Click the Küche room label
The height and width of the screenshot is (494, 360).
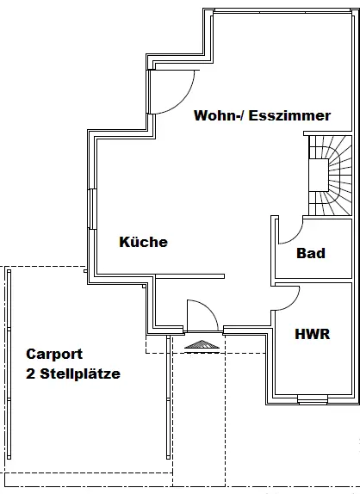pos(144,242)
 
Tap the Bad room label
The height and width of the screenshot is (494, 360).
pos(311,253)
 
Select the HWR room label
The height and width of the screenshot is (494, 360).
pos(313,334)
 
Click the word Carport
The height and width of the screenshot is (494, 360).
pos(54,354)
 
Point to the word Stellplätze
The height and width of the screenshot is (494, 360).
pos(80,374)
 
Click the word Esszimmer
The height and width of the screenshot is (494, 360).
pos(289,115)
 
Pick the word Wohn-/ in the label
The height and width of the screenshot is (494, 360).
pos(219,115)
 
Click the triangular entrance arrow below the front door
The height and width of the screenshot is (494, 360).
pos(202,344)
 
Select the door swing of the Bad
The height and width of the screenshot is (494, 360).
pos(295,237)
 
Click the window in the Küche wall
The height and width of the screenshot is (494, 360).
pos(92,209)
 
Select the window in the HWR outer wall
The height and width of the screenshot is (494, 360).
pos(313,399)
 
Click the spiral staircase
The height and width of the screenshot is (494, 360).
pos(330,176)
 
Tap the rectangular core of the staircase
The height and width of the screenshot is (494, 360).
pos(319,175)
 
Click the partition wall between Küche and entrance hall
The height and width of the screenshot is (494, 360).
pos(190,276)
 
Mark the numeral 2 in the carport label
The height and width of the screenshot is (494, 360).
pos(30,374)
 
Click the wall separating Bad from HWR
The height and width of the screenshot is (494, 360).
pos(313,281)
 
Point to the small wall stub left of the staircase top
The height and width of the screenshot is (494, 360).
pos(306,133)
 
